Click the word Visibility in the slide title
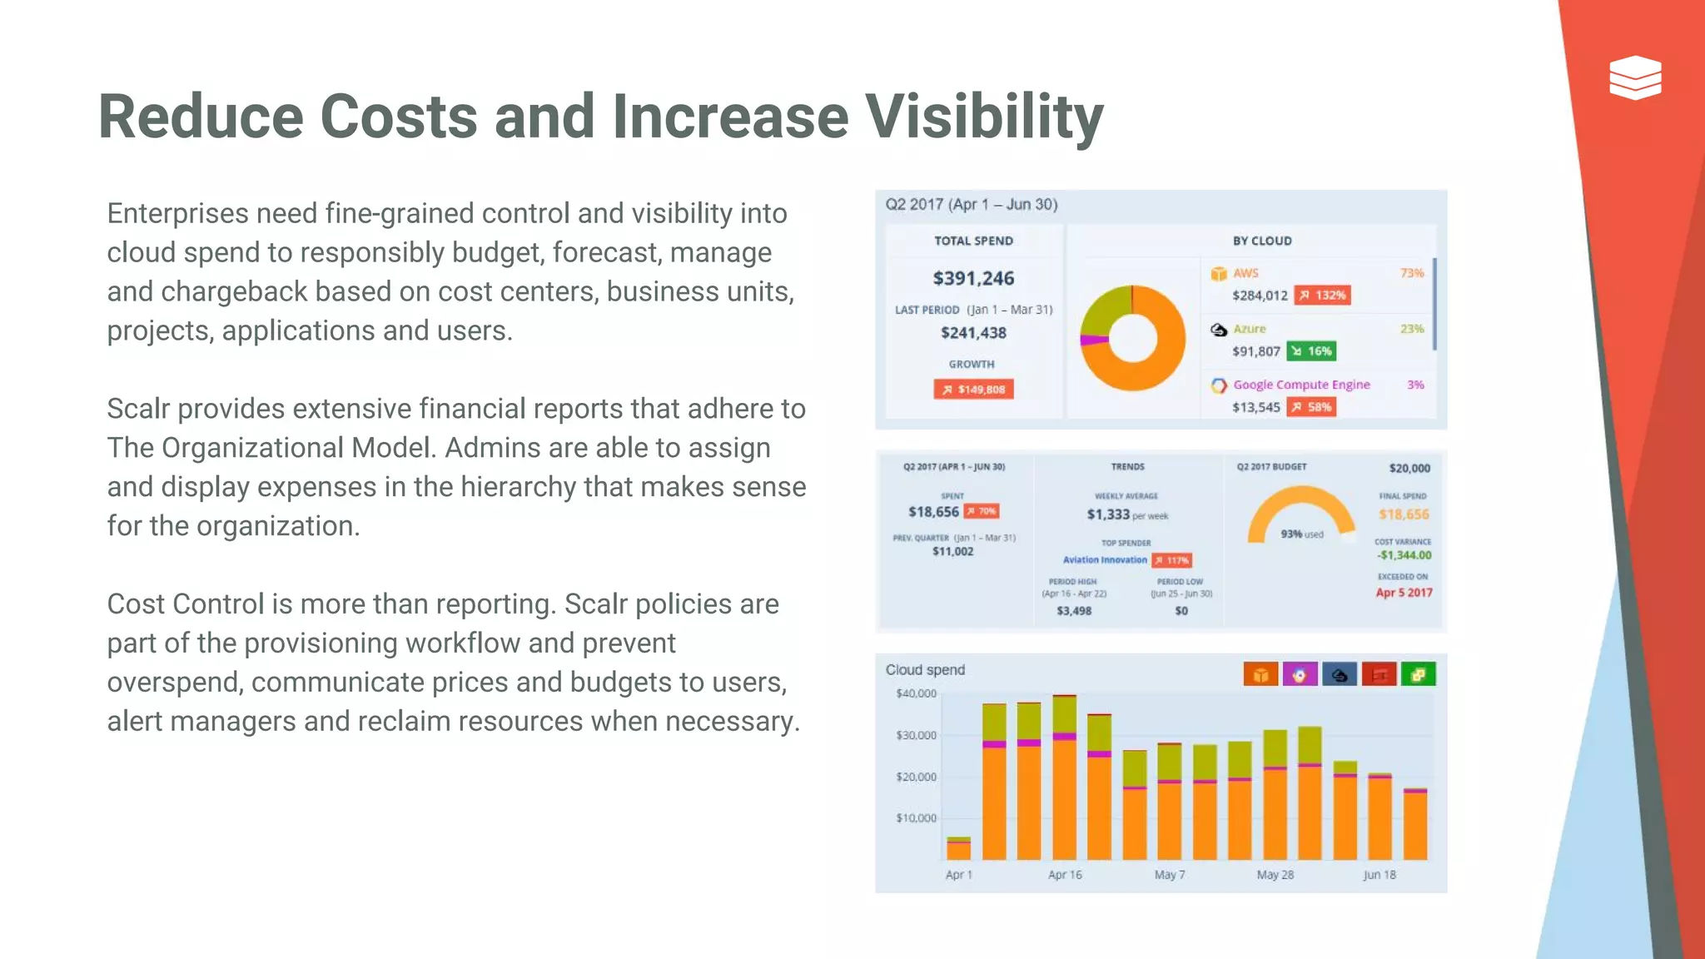coord(984,117)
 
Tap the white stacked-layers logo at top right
coord(1635,77)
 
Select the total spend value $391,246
coord(973,278)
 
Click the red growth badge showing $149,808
coord(973,389)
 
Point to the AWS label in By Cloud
coord(1245,273)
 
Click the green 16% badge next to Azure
coord(1311,351)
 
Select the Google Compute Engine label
coord(1301,385)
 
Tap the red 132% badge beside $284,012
coord(1322,296)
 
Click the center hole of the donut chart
coord(1132,339)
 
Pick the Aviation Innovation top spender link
coord(1105,560)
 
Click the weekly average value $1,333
coord(1108,514)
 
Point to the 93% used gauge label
coord(1301,534)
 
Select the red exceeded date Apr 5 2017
coord(1404,593)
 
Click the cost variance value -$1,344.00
coord(1404,555)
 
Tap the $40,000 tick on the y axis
coord(916,693)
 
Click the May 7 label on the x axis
coord(1170,875)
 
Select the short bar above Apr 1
coord(959,848)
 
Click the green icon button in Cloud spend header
coord(1418,674)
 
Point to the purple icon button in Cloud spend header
coord(1300,674)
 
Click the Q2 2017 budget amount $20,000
coord(1409,468)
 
